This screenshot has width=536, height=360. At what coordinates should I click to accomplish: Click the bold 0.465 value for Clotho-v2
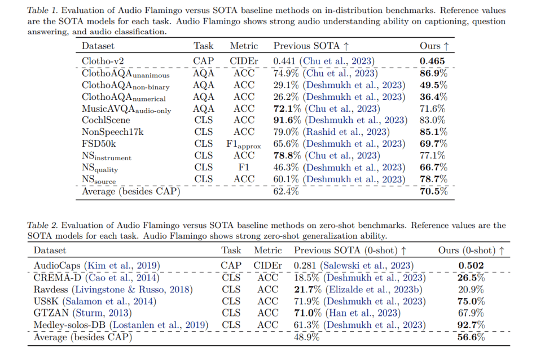click(432, 62)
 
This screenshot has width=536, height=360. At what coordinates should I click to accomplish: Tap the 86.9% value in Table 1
click(434, 73)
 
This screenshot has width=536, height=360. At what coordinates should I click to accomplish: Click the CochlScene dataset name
click(106, 120)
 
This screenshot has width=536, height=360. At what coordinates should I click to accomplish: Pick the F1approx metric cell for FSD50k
click(244, 144)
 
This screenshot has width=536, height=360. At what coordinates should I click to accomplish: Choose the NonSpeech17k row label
click(112, 132)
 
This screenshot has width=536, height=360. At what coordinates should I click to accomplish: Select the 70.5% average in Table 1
click(434, 191)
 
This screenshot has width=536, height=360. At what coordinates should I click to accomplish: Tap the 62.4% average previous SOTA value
click(286, 191)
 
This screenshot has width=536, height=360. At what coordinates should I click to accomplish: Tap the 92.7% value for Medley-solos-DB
click(472, 325)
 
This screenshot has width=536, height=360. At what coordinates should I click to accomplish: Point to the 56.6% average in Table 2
click(472, 337)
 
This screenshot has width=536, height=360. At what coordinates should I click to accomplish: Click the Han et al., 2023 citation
click(361, 313)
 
